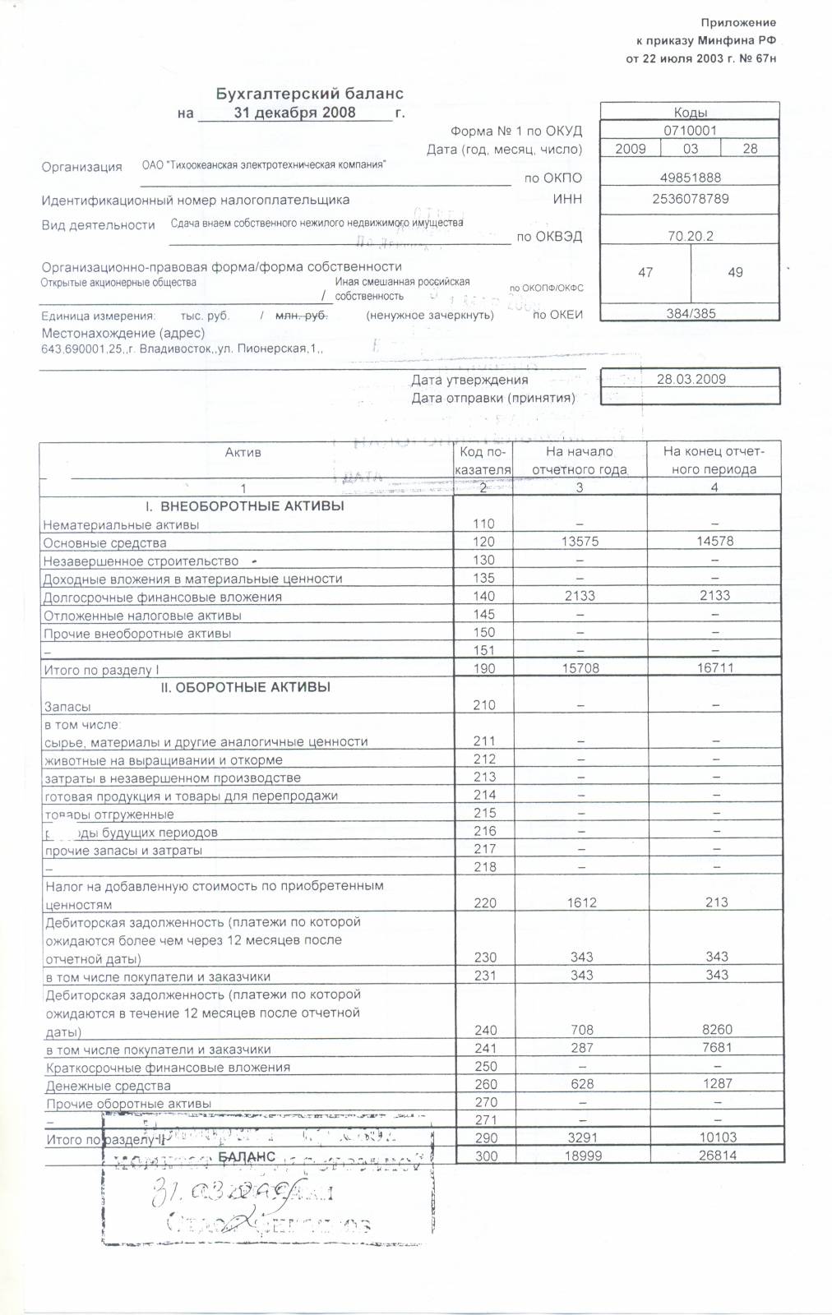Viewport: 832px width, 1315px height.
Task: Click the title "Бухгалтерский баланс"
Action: [x=309, y=95]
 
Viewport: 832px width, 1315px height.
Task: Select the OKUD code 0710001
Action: [x=690, y=130]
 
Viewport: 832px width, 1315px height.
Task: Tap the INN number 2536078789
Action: [x=690, y=199]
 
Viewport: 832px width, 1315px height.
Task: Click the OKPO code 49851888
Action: [x=690, y=178]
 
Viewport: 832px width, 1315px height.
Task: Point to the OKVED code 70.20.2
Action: [x=690, y=236]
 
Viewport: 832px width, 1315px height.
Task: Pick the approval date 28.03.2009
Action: [x=691, y=380]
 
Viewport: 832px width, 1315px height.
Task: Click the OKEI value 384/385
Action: [x=690, y=314]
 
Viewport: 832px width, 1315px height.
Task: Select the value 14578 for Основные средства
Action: [x=714, y=542]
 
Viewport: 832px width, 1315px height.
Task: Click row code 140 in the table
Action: [x=484, y=597]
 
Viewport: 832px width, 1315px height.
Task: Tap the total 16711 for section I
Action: [x=714, y=669]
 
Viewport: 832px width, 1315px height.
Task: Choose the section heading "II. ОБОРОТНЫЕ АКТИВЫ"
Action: [x=246, y=687]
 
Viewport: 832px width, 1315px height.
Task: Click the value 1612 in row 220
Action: [x=580, y=902]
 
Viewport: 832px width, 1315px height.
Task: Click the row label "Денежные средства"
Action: [x=109, y=1086]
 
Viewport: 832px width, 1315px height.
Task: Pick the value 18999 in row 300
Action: [x=580, y=1156]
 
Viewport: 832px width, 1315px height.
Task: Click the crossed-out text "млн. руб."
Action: [x=301, y=316]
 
